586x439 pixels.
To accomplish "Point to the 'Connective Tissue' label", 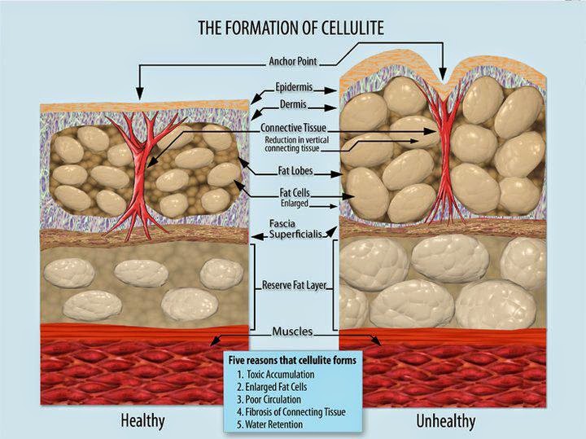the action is coord(294,129).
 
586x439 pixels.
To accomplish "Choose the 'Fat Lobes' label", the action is coord(295,173).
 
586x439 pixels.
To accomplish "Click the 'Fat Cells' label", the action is coord(294,193).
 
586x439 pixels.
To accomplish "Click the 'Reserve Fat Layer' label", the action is coord(294,286).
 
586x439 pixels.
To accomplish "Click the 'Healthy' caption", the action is coord(142,421).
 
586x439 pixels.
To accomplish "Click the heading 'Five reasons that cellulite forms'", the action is coord(294,358).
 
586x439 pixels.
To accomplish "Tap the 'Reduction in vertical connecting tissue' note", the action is coord(294,145).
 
